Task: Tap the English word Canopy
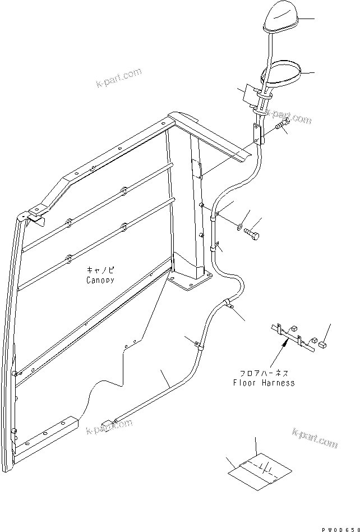click(100, 279)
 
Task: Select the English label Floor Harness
click(264, 383)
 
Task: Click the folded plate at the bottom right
click(260, 470)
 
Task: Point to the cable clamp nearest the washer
click(213, 213)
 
